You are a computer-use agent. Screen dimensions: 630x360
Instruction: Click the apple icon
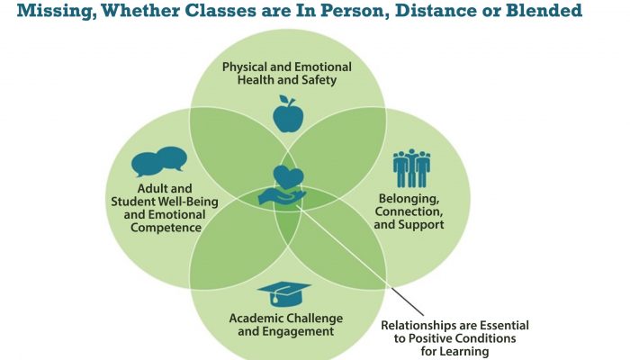(288, 114)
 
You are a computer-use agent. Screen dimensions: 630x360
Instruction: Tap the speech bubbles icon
(159, 161)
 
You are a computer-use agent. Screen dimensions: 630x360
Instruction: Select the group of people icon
(411, 168)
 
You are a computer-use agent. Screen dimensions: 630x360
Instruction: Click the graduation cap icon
(284, 294)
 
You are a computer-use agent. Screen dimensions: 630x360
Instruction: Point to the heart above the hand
(288, 177)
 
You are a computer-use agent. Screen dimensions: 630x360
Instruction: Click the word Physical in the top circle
(242, 67)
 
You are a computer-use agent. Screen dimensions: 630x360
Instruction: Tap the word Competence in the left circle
(166, 228)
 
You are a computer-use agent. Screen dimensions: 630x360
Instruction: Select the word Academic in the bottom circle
(255, 319)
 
